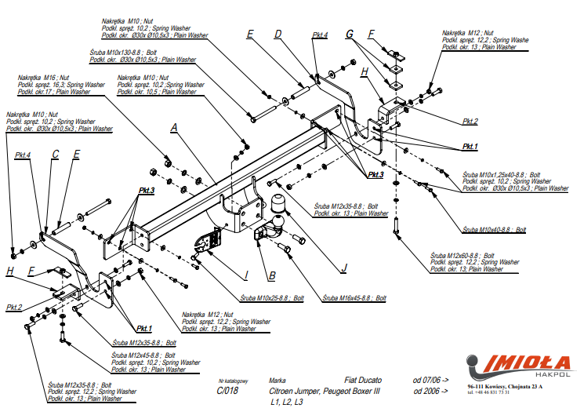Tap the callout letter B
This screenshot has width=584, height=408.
click(272, 275)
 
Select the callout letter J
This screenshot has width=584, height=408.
click(343, 268)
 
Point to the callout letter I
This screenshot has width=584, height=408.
click(245, 274)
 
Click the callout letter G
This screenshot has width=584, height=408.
click(350, 35)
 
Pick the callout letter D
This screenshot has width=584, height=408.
click(277, 34)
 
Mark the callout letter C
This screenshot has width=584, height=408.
click(56, 155)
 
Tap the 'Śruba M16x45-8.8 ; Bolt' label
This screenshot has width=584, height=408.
click(355, 298)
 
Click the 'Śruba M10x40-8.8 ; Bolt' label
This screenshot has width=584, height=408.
click(494, 229)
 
